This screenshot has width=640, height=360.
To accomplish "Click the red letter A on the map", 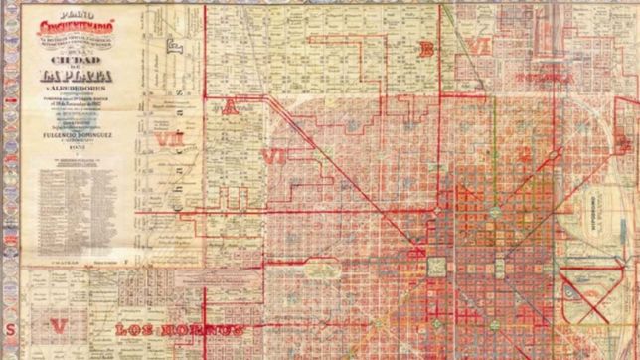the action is pos(230,106).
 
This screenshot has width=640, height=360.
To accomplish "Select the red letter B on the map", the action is pos(426,49).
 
